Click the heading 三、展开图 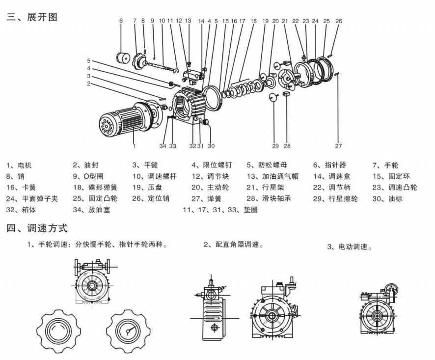tap(32, 17)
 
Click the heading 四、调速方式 tap(37, 228)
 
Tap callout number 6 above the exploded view tap(121, 21)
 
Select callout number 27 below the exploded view tap(338, 146)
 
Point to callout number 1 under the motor tap(134, 146)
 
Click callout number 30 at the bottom tap(211, 146)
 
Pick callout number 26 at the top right tap(339, 21)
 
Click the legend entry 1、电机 tap(19, 166)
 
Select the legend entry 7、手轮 tap(385, 166)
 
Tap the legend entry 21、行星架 tap(266, 187)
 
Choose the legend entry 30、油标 tap(387, 199)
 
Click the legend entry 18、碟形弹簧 tap(95, 187)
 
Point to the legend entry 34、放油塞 tap(91, 210)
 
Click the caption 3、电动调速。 tap(350, 247)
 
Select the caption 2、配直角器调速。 tap(234, 245)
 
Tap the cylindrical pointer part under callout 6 tap(123, 58)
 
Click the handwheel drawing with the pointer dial tap(128, 331)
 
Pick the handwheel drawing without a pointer tap(59, 331)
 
